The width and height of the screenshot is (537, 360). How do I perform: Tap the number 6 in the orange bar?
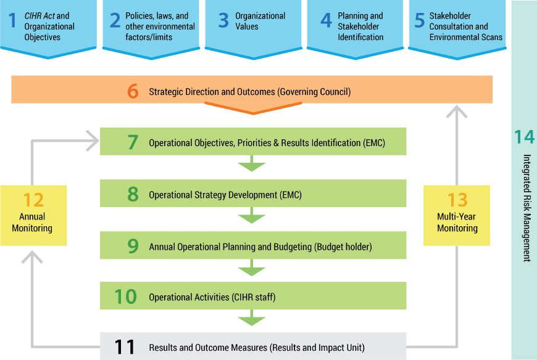tap(133, 91)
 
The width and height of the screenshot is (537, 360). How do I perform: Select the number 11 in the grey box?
tap(125, 346)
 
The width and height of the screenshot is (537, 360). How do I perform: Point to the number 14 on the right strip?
tap(524, 137)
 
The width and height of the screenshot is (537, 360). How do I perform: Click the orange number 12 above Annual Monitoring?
tap(33, 200)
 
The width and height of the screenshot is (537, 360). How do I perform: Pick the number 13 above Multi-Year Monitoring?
tap(457, 200)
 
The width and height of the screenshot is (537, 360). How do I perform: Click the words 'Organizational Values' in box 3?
tap(260, 22)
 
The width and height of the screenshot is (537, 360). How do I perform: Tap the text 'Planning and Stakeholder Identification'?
tap(360, 27)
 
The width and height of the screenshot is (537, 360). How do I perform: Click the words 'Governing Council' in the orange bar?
tap(314, 92)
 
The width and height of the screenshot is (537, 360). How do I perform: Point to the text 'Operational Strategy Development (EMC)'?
tap(225, 195)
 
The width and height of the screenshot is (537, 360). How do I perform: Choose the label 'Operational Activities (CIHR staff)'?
tap(212, 297)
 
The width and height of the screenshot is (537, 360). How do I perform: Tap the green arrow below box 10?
tap(251, 320)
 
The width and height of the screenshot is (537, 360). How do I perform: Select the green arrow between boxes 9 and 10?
tap(251, 269)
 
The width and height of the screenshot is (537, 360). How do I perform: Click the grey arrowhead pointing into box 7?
tap(93, 142)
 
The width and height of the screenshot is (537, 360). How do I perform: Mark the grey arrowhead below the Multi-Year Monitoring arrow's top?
tap(457, 112)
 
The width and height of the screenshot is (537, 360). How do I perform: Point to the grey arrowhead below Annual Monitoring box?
tap(33, 255)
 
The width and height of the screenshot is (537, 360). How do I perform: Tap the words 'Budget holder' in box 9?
tap(343, 247)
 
